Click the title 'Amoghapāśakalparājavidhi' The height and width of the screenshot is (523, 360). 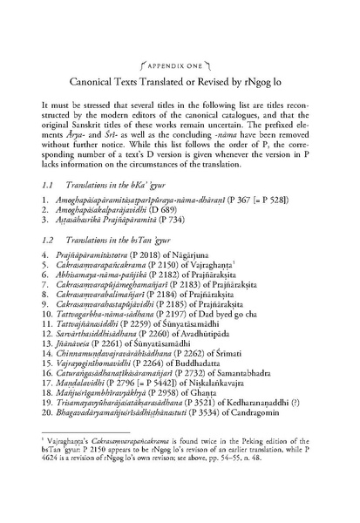pyautogui.click(x=113, y=214)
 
